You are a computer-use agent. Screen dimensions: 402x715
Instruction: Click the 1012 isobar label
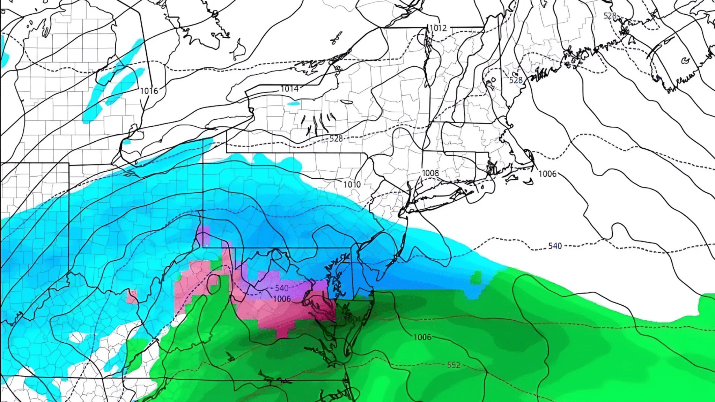tap(438, 28)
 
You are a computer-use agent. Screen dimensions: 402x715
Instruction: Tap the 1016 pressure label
tap(149, 91)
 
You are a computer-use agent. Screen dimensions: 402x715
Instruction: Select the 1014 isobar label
tap(289, 89)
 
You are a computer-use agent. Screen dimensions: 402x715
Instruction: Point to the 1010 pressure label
tap(352, 184)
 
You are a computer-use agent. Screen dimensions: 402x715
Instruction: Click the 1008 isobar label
tap(430, 173)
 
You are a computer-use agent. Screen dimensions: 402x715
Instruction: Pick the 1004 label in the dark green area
tap(353, 319)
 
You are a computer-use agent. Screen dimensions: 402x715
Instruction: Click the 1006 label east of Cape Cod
tap(547, 174)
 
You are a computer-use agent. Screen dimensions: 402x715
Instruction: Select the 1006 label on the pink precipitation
tap(282, 299)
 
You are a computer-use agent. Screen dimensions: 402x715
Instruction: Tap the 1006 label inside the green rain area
tap(422, 337)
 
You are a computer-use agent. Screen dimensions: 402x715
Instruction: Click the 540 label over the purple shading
tap(281, 288)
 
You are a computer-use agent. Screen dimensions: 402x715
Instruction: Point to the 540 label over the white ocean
tap(555, 246)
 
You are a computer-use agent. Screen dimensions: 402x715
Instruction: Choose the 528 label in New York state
tap(336, 139)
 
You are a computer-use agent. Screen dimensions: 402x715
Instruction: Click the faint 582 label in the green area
tap(454, 365)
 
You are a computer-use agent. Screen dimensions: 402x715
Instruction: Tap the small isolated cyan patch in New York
tap(293, 103)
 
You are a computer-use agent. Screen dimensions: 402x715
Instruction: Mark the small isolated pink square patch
tap(132, 297)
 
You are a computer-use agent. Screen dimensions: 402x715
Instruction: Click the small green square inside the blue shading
tap(476, 278)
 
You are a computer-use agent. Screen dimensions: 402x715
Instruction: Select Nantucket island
tap(528, 181)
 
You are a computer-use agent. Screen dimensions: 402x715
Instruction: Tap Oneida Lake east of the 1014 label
tap(347, 102)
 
